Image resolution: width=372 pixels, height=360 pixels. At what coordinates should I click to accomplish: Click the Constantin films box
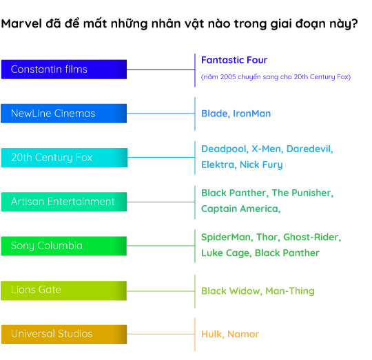click(x=64, y=70)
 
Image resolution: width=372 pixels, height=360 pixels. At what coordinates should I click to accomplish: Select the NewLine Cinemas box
click(x=64, y=114)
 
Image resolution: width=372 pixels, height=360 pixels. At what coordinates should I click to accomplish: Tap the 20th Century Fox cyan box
click(x=64, y=158)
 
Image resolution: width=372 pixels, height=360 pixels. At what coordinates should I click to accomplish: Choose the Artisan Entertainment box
click(x=64, y=202)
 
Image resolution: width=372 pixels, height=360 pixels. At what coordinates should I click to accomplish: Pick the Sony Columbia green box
click(x=64, y=246)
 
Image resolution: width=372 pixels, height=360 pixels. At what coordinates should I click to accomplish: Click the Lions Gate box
click(x=64, y=290)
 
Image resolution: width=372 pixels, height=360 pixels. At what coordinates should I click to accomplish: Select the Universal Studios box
click(x=64, y=335)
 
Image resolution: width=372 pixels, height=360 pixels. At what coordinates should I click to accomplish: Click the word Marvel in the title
click(x=21, y=23)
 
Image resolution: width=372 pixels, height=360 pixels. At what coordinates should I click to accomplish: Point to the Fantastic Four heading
click(x=234, y=60)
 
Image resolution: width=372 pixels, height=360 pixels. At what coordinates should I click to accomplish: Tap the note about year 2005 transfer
click(x=276, y=77)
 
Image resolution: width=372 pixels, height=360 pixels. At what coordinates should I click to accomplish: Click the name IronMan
click(x=251, y=114)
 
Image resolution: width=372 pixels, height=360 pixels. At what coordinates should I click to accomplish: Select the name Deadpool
click(x=225, y=149)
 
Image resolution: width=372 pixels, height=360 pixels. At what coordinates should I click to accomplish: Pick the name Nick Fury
click(x=261, y=165)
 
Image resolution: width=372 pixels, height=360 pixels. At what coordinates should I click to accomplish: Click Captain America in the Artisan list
click(x=241, y=209)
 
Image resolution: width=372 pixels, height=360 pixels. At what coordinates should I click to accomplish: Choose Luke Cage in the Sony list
click(x=226, y=253)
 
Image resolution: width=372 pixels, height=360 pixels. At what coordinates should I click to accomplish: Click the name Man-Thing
click(x=290, y=291)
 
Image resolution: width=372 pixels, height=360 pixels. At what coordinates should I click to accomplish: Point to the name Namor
click(x=243, y=335)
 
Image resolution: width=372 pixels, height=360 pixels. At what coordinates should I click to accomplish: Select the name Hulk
click(x=213, y=335)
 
